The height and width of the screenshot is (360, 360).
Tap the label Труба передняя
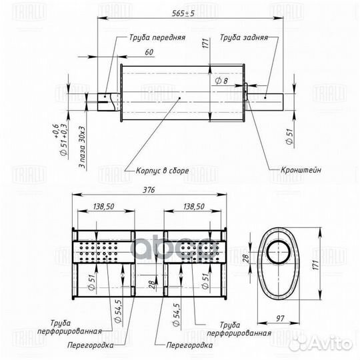157,38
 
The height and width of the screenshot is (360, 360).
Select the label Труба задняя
243,38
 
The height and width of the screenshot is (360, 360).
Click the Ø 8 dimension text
222,80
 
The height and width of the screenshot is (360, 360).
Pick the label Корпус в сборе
162,171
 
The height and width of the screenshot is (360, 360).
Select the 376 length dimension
149,191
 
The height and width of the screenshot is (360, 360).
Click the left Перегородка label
90,345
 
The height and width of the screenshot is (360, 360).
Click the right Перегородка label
189,345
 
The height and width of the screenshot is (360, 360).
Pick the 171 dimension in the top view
207,44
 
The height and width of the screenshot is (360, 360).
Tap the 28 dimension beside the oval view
244,259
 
